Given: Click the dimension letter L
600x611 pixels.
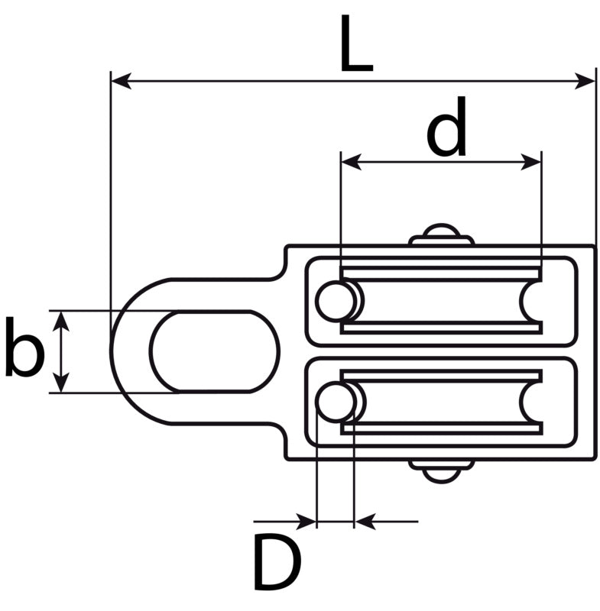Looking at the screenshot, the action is [x=356, y=44].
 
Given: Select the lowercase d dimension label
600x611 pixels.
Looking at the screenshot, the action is [x=447, y=126].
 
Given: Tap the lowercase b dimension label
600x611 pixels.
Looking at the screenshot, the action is [x=24, y=348].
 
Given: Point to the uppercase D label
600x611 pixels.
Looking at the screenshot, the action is [x=277, y=561].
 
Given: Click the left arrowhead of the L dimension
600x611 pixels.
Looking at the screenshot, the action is [x=121, y=81].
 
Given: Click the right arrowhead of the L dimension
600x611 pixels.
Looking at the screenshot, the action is [x=585, y=81].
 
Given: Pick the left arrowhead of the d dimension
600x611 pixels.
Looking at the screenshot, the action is [x=351, y=161].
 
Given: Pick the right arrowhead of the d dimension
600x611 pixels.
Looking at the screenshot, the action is [x=531, y=161].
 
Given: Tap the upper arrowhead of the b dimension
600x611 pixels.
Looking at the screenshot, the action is [x=61, y=322].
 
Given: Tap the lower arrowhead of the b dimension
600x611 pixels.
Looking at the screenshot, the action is [x=61, y=383].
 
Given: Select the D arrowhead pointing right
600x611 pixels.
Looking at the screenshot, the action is [x=306, y=521].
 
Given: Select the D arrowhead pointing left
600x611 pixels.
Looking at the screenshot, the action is [x=365, y=521].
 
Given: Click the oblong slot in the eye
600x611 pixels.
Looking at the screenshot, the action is [x=216, y=351].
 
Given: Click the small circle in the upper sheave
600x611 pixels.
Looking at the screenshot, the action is [x=336, y=301].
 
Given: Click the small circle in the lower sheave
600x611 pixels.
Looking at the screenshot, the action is [x=336, y=402].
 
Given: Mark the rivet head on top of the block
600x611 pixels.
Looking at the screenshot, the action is [x=441, y=234].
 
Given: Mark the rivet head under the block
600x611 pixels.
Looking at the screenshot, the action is [x=441, y=471].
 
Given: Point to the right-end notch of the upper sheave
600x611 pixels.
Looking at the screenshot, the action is [x=531, y=301].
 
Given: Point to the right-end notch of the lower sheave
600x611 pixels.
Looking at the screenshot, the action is [x=531, y=402].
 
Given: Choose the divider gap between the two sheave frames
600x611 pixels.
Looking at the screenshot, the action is [x=441, y=351].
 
